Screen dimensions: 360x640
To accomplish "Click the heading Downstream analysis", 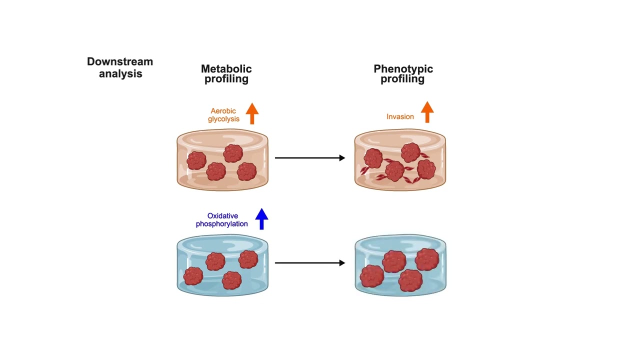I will pyautogui.click(x=120, y=67).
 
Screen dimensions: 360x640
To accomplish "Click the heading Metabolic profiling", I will pyautogui.click(x=226, y=73).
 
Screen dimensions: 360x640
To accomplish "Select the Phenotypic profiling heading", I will pyautogui.click(x=403, y=73).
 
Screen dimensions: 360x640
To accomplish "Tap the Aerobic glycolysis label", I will pyautogui.click(x=223, y=115).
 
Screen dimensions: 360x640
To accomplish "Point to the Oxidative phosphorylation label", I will pyautogui.click(x=222, y=220).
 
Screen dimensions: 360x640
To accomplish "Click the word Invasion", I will pyautogui.click(x=400, y=116).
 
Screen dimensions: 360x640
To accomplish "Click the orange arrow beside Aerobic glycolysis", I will pyautogui.click(x=252, y=113).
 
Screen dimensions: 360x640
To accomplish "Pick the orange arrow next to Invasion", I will pyautogui.click(x=427, y=112).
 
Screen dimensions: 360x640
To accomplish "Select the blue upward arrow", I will pyautogui.click(x=261, y=219).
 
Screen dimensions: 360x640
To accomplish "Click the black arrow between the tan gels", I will pyautogui.click(x=310, y=158).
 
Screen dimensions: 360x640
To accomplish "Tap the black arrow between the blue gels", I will pyautogui.click(x=310, y=263).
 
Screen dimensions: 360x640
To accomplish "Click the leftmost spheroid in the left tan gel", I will pyautogui.click(x=196, y=160).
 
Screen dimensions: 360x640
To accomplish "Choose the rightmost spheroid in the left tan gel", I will pyautogui.click(x=247, y=171).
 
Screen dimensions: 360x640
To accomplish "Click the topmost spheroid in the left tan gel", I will pyautogui.click(x=233, y=153).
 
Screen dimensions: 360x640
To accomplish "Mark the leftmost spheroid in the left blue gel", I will pyautogui.click(x=193, y=276).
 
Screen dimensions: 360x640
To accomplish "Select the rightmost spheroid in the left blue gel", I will pyautogui.click(x=248, y=259).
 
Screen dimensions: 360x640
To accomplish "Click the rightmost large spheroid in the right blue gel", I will pyautogui.click(x=426, y=259).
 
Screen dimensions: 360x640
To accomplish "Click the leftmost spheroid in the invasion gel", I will pyautogui.click(x=373, y=158).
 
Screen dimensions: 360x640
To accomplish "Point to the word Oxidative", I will pyautogui.click(x=222, y=216).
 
